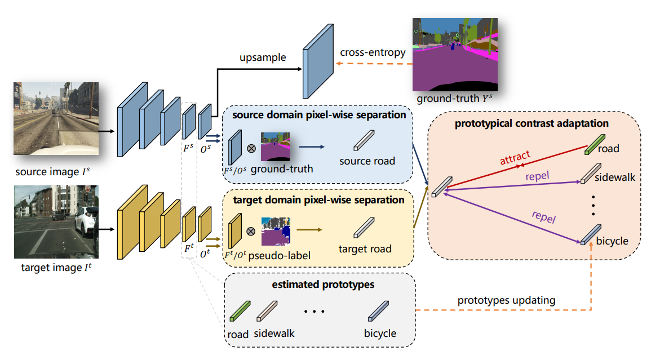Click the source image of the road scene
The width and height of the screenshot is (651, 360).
click(x=56, y=118)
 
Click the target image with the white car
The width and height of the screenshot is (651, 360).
click(x=56, y=221)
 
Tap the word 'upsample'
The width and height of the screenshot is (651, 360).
click(x=263, y=57)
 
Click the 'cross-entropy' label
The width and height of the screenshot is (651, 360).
click(x=373, y=52)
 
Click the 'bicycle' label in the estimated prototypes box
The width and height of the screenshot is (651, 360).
click(x=380, y=333)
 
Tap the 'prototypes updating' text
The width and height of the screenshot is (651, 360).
click(x=506, y=300)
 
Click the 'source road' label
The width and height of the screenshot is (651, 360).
click(x=366, y=161)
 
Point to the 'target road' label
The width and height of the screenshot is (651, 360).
click(x=365, y=248)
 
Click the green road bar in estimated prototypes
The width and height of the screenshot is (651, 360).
click(x=240, y=311)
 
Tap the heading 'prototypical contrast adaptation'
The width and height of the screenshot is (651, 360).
click(x=532, y=123)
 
